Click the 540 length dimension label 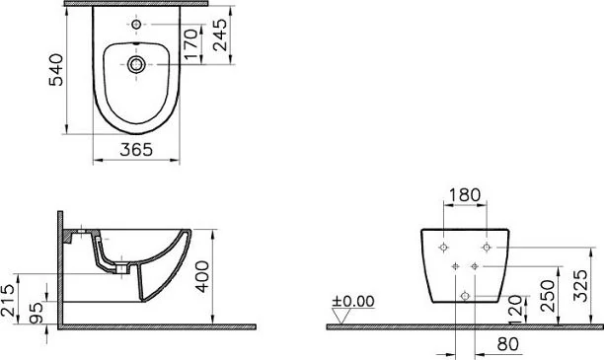coord(57,70)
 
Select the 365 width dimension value coord(136,150)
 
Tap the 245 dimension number coord(220,36)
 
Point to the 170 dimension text coord(191,44)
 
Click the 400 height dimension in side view coord(202,276)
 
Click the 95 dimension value coord(37,313)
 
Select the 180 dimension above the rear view coord(465,195)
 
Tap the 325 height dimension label coord(581,285)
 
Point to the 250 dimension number coord(548,296)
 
